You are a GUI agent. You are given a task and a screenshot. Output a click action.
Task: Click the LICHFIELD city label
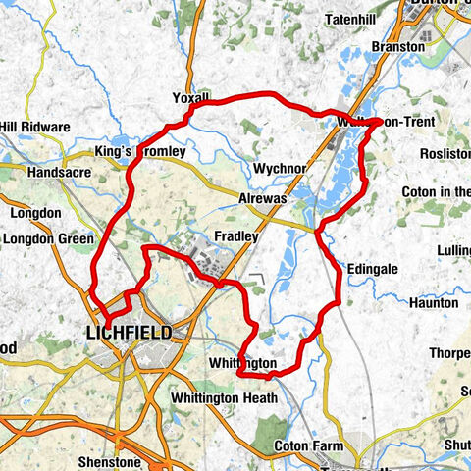pos(129,334)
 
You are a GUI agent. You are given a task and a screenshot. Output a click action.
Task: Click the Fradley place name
pos(236,236)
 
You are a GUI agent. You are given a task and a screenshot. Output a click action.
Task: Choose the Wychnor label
pos(281,168)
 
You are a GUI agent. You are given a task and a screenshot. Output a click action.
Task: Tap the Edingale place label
pos(374,268)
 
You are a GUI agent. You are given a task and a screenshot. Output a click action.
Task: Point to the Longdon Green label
pos(48,238)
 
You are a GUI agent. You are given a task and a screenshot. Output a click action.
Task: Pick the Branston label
pos(401,46)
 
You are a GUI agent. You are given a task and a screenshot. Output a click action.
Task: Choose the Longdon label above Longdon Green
pos(36,213)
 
